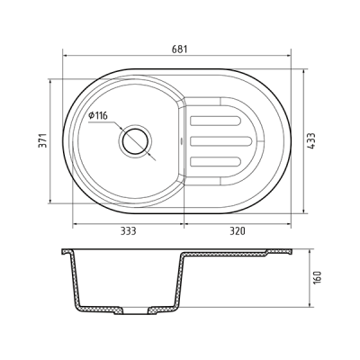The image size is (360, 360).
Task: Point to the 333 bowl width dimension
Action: [128, 231]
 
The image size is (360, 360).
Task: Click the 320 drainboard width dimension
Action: [238, 231]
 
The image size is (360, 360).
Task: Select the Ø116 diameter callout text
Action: [98, 114]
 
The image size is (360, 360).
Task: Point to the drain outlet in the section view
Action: [136, 313]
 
